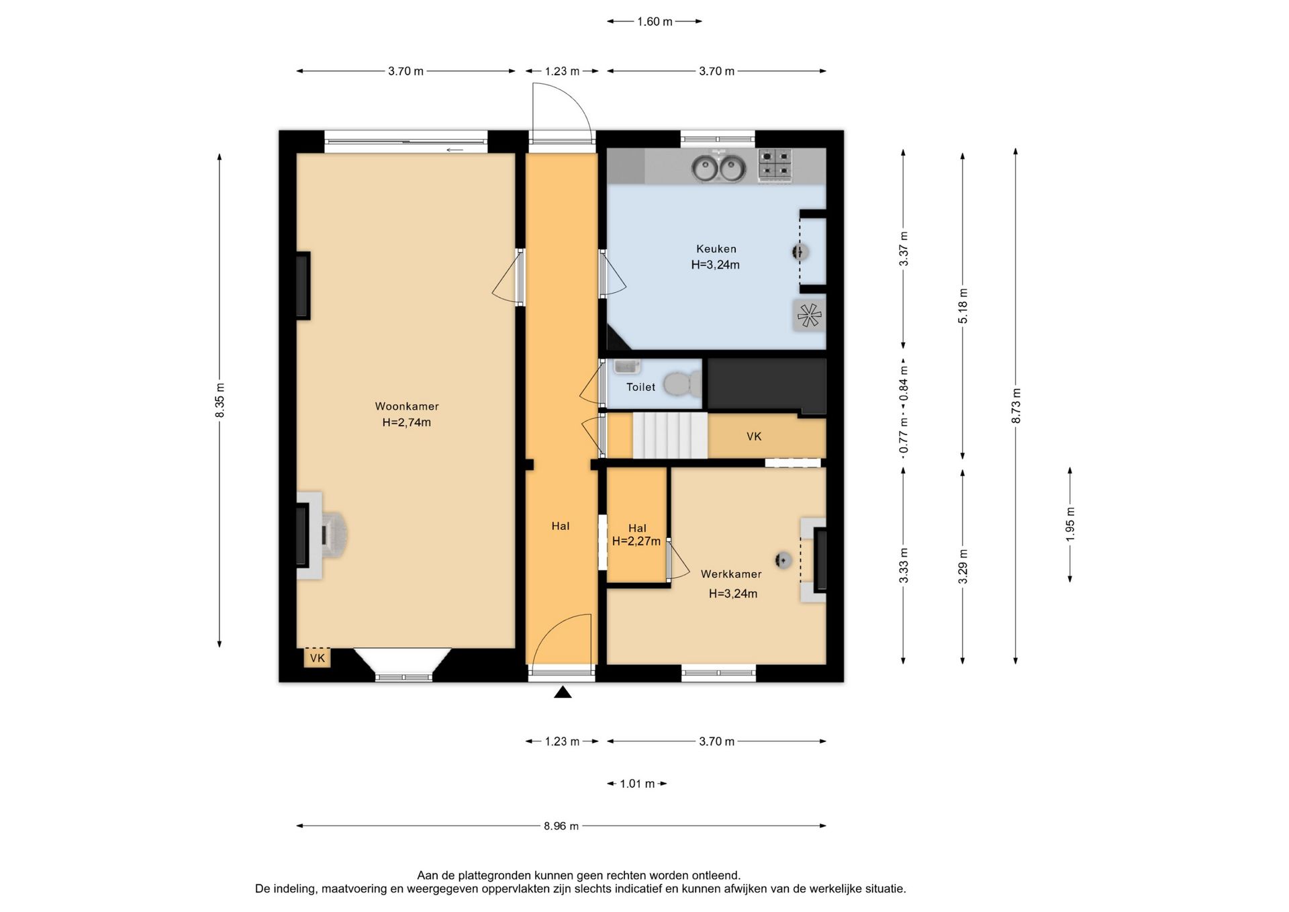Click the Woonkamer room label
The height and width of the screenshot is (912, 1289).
(x=407, y=406)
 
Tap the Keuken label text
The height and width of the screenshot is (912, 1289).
(x=716, y=248)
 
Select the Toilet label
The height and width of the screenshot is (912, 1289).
(x=640, y=387)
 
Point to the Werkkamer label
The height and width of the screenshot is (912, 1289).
(x=731, y=574)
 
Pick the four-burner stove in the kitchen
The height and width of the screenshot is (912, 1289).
(x=776, y=165)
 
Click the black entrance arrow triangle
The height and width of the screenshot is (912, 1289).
(x=563, y=692)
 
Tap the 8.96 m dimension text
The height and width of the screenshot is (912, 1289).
(x=561, y=826)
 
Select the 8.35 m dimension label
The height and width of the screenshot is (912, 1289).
(x=220, y=400)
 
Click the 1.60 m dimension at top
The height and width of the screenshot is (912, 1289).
(x=655, y=21)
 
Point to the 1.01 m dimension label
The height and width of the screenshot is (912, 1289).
(x=637, y=784)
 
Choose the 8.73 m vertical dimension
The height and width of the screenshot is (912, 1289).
(x=1016, y=406)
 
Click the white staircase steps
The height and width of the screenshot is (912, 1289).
(x=670, y=435)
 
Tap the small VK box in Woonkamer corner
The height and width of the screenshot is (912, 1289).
(x=317, y=657)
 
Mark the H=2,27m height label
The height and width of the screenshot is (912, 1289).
(x=636, y=541)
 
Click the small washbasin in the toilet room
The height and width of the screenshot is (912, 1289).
(x=627, y=367)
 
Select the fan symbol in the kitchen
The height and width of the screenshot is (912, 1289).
(x=809, y=315)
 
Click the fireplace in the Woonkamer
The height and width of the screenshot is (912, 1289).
(x=322, y=535)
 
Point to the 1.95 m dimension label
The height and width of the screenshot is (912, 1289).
(x=1070, y=525)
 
